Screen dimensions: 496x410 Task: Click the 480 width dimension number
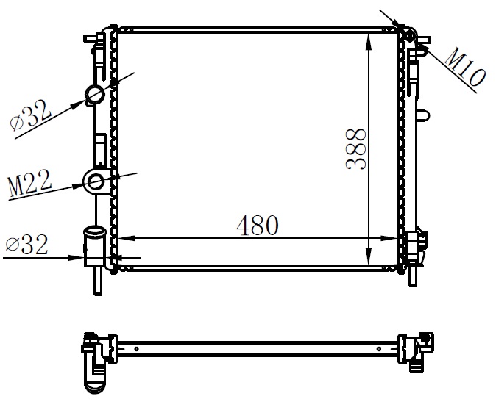click(x=258, y=226)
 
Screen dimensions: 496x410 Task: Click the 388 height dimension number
click(x=356, y=148)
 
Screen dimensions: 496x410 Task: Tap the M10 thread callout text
click(x=464, y=68)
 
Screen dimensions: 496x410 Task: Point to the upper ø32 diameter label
click(x=30, y=115)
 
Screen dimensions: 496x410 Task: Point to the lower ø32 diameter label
click(x=27, y=244)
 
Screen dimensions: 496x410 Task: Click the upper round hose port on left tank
click(x=95, y=95)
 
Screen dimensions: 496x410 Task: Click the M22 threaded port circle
click(x=95, y=182)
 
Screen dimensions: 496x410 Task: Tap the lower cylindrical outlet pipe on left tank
click(x=94, y=246)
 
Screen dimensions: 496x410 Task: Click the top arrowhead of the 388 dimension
click(x=369, y=42)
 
